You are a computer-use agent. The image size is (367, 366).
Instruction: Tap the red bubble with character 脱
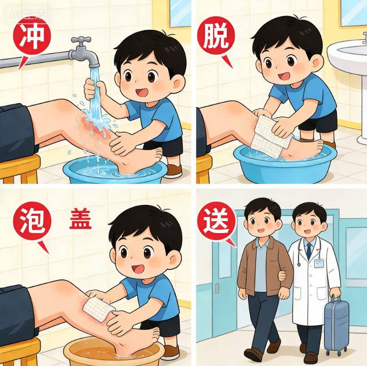coord(215,38)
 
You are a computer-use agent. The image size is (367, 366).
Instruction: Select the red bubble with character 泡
coord(31,222)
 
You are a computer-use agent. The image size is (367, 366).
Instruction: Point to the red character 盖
coord(80,220)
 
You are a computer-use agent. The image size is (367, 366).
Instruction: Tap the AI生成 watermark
coord(28,14)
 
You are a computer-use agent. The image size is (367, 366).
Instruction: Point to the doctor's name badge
coord(319,263)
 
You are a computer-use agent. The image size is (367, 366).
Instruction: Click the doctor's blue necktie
coord(309,251)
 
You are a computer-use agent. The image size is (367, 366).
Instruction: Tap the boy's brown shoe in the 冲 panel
coord(174,171)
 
